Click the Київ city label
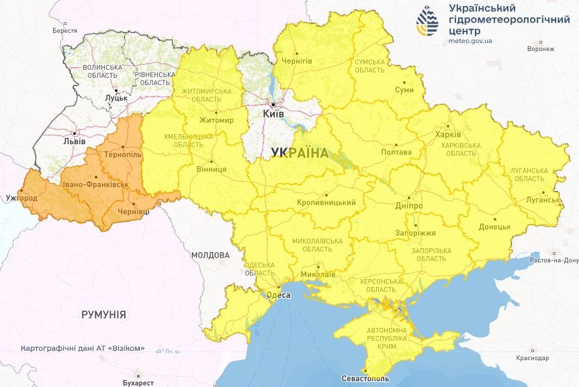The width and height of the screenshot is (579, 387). tap(273, 114)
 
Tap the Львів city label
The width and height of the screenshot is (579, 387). tap(73, 142)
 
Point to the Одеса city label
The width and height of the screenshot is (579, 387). tap(278, 294)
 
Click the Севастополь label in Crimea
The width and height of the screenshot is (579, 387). tap(365, 379)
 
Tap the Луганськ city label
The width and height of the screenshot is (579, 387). tap(544, 200)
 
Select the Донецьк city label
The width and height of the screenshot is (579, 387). tap(495, 227)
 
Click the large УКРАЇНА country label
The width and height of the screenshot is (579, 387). tap(300, 153)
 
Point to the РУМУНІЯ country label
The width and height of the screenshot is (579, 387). tap(103, 314)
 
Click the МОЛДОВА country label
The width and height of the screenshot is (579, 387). tap(210, 256)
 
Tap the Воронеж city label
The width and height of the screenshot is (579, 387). tap(541, 49)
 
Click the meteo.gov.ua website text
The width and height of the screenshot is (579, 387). tap(469, 40)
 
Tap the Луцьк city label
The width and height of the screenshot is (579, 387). tap(116, 98)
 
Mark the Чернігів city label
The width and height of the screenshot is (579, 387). tap(296, 60)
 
